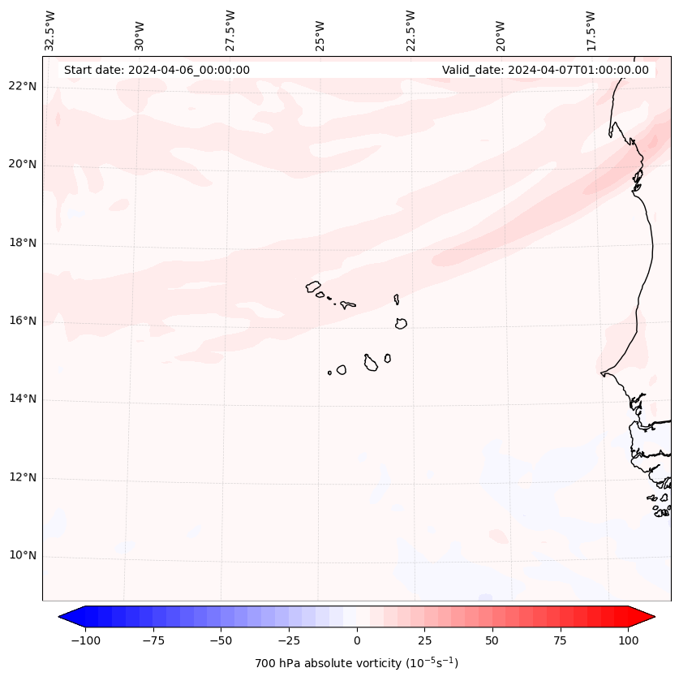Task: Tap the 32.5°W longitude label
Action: click(50, 29)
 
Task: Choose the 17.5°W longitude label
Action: click(591, 29)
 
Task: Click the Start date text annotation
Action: click(157, 70)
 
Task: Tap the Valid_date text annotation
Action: click(545, 70)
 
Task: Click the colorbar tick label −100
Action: click(84, 640)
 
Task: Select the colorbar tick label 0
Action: click(357, 640)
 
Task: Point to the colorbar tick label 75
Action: click(561, 640)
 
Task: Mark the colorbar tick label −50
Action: click(220, 640)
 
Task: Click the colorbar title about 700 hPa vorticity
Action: click(356, 663)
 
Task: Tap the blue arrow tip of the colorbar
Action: click(63, 617)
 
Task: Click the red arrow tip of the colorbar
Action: click(651, 617)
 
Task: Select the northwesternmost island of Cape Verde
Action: click(313, 287)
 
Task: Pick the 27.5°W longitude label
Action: click(230, 29)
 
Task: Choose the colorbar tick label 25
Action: click(424, 640)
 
